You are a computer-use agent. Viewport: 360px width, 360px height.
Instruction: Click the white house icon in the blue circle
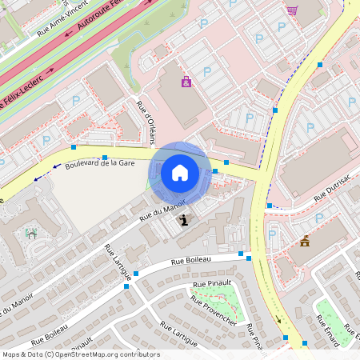click(x=180, y=172)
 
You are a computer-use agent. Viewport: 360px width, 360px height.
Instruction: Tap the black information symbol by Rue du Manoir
click(x=185, y=220)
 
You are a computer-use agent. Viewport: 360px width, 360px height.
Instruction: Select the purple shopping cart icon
click(x=292, y=10)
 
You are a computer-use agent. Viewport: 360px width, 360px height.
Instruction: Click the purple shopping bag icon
click(x=186, y=82)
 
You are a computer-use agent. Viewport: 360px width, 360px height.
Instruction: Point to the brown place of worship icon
click(x=305, y=241)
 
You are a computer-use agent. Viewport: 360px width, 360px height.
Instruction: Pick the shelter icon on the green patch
click(x=31, y=234)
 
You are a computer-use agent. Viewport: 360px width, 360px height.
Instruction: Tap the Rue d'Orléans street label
click(x=146, y=122)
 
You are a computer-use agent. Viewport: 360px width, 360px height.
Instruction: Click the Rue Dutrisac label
click(x=331, y=188)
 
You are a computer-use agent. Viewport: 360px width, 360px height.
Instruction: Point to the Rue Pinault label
click(x=211, y=284)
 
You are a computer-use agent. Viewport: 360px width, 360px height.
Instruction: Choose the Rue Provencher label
click(x=213, y=310)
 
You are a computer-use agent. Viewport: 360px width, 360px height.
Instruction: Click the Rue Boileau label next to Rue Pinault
click(x=190, y=262)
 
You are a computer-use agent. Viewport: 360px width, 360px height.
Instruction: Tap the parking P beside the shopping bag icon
click(x=206, y=72)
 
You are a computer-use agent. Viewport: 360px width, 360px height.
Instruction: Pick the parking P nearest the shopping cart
click(x=281, y=27)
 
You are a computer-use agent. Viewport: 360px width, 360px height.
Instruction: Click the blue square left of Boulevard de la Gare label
click(x=74, y=147)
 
